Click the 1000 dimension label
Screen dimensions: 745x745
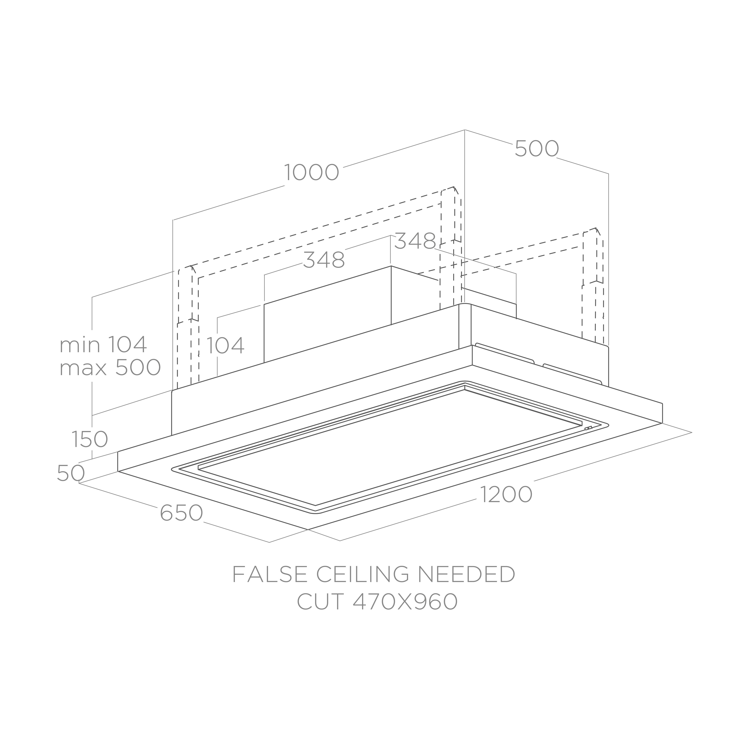point(312,172)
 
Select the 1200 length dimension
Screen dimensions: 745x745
point(506,494)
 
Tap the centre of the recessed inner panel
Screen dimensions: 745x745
point(389,447)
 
